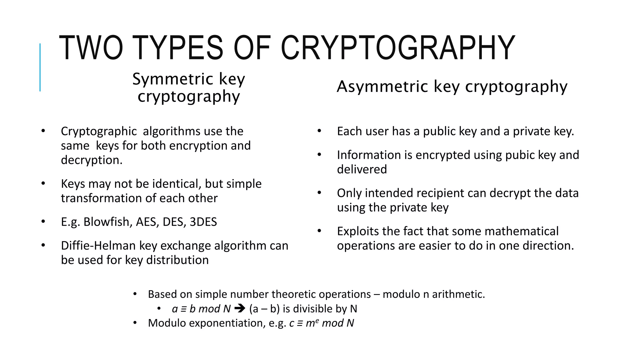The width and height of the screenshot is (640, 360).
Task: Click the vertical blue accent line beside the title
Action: tap(40, 67)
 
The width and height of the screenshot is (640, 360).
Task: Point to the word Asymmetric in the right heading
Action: tap(382, 87)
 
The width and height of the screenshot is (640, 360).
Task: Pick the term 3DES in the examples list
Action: tap(203, 222)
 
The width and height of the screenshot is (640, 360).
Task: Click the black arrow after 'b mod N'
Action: tap(240, 309)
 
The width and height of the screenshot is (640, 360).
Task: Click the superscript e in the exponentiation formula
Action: tap(317, 320)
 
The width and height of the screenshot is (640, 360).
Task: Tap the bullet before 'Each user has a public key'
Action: tap(319, 131)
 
